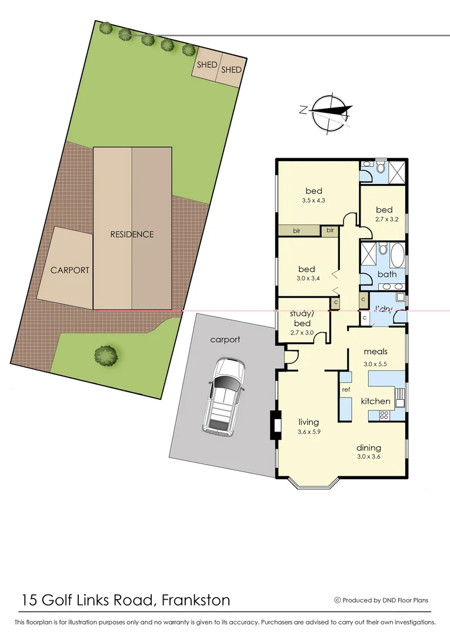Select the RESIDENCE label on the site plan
132,234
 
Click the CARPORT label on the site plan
69,270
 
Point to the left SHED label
207,65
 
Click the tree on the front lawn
106,355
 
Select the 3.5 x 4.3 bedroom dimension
314,200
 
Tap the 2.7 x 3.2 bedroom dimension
384,220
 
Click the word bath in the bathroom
387,274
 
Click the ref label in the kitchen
346,389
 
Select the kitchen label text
375,402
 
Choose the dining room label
368,447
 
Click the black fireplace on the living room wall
274,425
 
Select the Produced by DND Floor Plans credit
381,600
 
